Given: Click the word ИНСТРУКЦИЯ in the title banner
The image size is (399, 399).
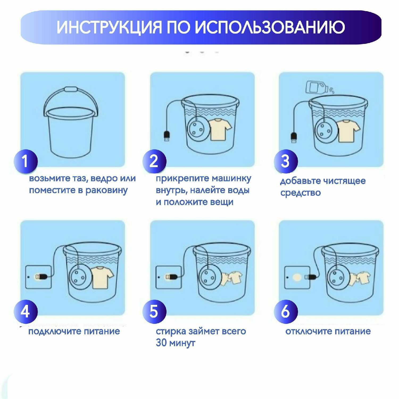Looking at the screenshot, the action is tap(109, 27).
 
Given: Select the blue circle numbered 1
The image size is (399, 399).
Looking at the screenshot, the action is tap(26, 161).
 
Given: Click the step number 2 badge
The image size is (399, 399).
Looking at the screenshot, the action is tap(154, 161).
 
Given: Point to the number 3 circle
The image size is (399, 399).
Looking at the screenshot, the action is tap(286, 161).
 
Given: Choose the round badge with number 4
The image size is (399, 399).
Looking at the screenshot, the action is tap(26, 311).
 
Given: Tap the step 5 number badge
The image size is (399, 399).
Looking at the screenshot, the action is tap(154, 311).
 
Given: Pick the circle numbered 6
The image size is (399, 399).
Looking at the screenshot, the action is tap(286, 311).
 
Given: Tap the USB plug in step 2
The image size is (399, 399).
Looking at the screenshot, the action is tap(167, 136).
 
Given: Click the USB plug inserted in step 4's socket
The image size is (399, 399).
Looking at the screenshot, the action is tap(42, 277).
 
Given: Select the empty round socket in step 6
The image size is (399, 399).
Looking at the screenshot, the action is tap(297, 277).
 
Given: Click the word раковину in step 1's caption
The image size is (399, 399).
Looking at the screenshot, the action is tap(107, 190).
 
